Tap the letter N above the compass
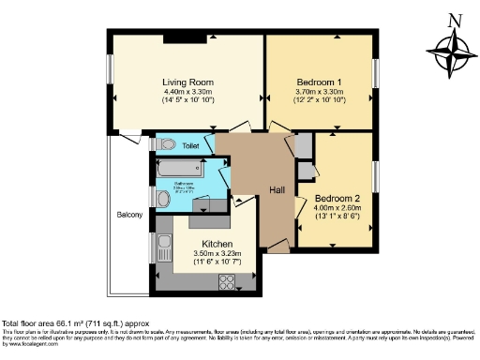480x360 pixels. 455,19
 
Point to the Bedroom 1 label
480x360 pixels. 319,81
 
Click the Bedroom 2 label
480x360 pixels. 337,199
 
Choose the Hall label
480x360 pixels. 277,190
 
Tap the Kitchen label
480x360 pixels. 204,243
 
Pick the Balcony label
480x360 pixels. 129,216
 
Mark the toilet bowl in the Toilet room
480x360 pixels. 165,144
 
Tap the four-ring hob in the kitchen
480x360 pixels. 229,281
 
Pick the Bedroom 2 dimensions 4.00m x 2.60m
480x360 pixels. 337,209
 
